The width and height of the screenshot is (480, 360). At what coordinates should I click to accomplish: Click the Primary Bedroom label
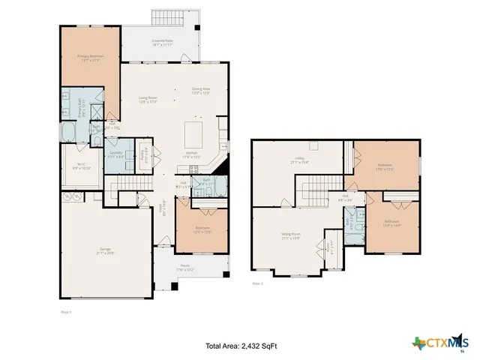(x=90, y=58)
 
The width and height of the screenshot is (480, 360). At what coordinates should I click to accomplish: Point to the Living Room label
(x=147, y=100)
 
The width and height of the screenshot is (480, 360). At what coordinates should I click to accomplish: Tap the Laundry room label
(x=116, y=156)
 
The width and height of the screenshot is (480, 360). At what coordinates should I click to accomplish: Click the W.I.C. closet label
(x=80, y=166)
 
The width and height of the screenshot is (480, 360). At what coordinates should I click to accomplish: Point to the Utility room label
(x=300, y=160)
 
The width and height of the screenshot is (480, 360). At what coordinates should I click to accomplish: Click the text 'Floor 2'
(x=258, y=284)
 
